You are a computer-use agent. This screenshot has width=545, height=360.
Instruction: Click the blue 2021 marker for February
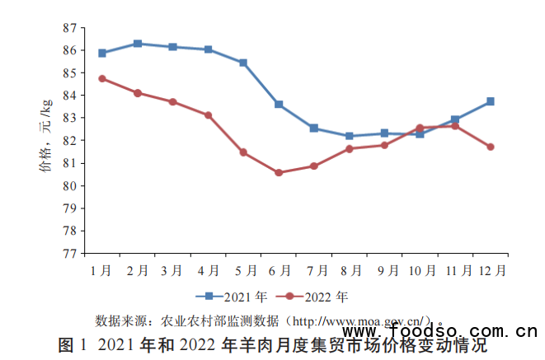click(138, 44)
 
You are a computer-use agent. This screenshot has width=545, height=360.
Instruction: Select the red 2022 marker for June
click(279, 173)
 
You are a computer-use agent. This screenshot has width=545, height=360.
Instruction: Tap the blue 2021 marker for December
click(491, 101)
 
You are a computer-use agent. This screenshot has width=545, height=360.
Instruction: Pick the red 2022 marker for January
click(102, 78)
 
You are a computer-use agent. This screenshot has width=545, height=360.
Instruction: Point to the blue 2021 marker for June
click(279, 105)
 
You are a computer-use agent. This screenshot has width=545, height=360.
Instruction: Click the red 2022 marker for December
click(491, 147)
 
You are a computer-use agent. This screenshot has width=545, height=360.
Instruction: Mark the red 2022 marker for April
click(209, 115)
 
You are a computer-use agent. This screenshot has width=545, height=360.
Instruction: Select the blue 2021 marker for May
click(243, 63)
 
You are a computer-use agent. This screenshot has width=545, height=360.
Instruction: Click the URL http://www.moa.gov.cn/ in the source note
click(363, 319)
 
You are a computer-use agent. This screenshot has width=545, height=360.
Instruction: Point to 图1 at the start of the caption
click(73, 344)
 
